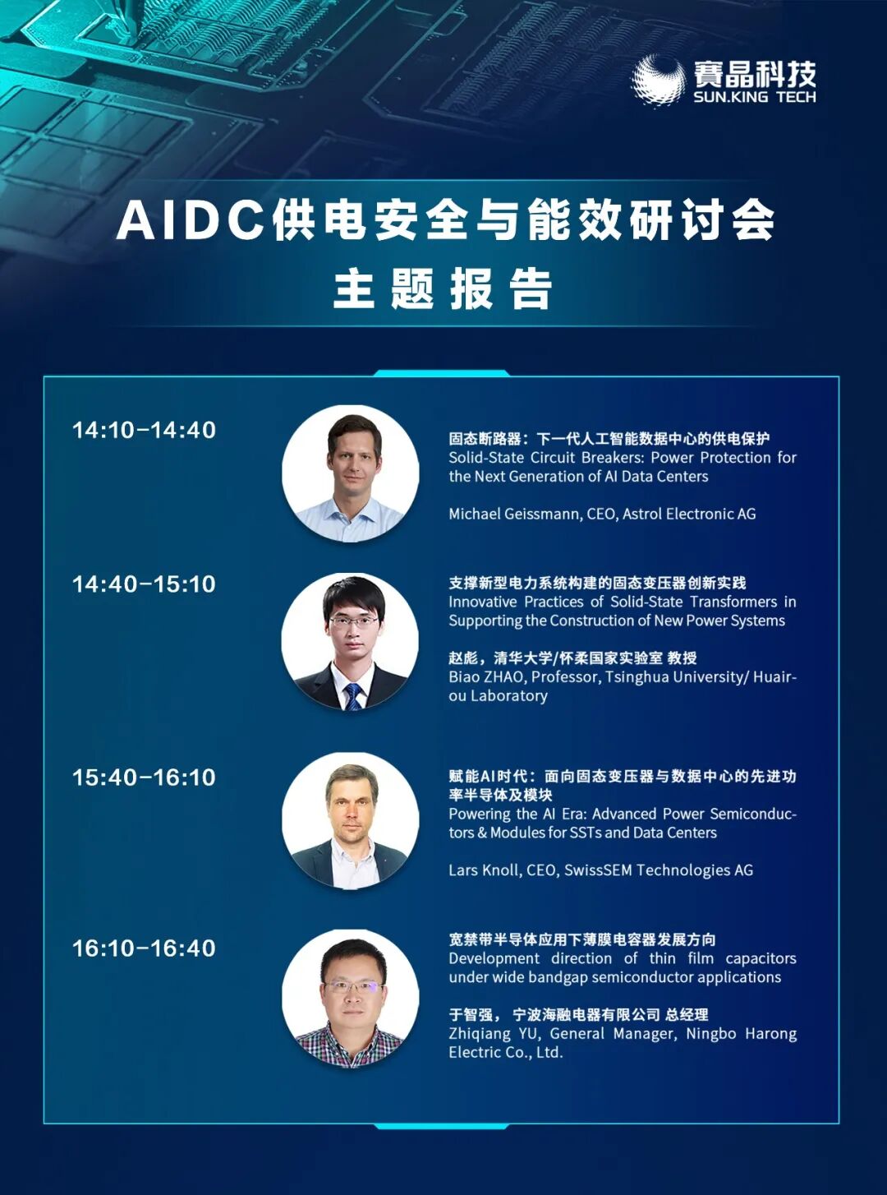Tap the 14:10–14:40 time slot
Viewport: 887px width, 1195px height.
point(145,430)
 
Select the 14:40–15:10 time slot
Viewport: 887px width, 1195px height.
point(145,584)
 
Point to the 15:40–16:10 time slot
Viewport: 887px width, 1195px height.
point(145,777)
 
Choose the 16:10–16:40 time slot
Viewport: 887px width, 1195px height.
point(145,962)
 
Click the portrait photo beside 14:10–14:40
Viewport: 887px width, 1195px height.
point(351,473)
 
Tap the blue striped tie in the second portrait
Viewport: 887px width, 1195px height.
point(353,696)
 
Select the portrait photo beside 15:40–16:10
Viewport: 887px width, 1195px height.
point(351,821)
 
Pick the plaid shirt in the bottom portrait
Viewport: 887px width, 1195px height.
point(351,1045)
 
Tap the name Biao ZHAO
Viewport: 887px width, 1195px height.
point(485,676)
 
